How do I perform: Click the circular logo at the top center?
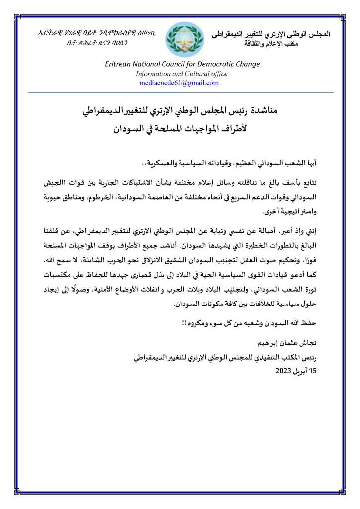pos(184,40)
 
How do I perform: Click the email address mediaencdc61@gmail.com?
pos(182,83)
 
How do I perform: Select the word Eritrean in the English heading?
pos(119,64)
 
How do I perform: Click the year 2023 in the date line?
pos(285,371)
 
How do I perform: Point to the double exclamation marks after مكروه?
pos(183,323)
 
